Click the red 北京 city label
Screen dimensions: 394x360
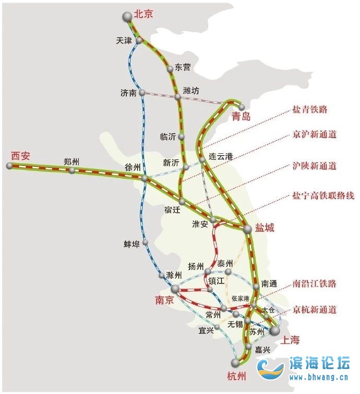tap(143, 15)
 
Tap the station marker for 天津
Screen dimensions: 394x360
tap(140, 40)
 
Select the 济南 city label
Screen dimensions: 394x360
tap(128, 93)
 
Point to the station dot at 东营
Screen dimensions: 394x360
tap(170, 69)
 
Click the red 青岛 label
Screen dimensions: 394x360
tap(242, 117)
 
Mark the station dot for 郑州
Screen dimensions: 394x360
tap(72, 170)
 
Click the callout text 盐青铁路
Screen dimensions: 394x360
tap(310, 110)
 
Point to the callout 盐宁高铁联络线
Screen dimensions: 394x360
tap(323, 196)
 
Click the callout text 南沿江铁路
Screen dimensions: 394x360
tap(314, 284)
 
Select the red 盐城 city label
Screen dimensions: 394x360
tap(265, 228)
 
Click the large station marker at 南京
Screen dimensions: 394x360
tap(175, 288)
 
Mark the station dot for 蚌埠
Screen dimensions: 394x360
tap(146, 242)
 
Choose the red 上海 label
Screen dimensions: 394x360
tap(291, 340)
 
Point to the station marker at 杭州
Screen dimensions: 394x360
tap(236, 362)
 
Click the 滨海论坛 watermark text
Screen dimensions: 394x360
tap(319, 364)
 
